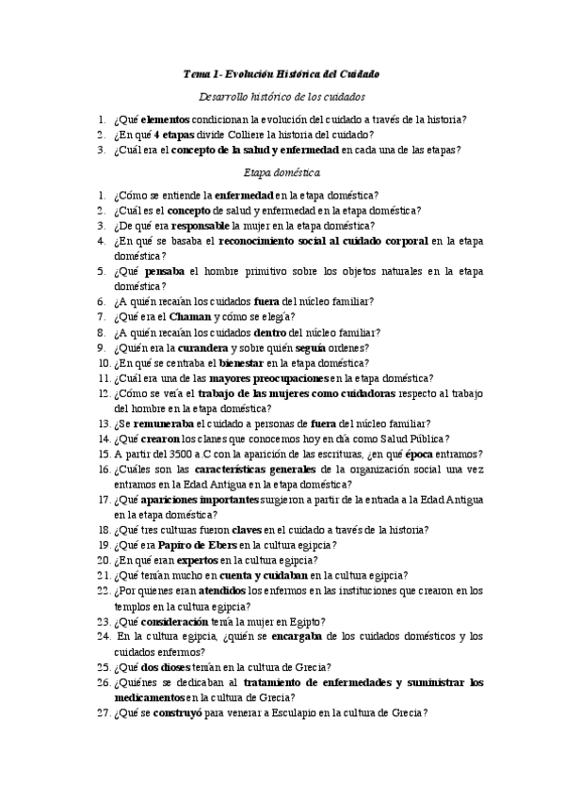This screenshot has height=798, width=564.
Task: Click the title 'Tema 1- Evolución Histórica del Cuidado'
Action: coord(282,74)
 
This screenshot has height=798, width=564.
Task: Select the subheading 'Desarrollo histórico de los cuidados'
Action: coord(282,97)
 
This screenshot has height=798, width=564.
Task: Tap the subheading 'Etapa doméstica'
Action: coord(282,172)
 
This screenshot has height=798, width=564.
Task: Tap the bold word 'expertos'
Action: coord(187,560)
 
